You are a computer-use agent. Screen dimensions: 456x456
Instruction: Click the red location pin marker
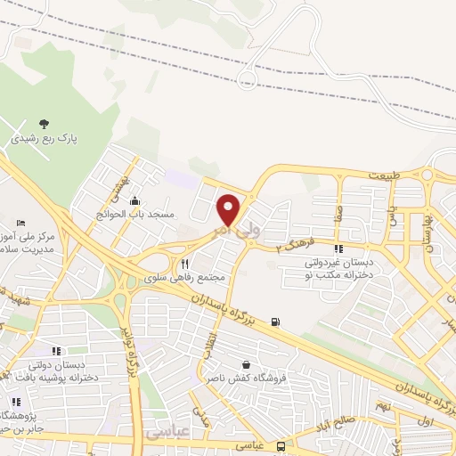pyautogui.click(x=229, y=209)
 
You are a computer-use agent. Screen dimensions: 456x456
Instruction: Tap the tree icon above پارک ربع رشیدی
pyautogui.click(x=45, y=125)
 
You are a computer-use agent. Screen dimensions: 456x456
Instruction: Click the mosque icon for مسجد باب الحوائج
pyautogui.click(x=134, y=200)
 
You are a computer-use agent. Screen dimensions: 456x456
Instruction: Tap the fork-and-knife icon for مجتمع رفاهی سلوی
pyautogui.click(x=185, y=263)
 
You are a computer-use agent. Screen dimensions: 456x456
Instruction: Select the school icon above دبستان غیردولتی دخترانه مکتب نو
pyautogui.click(x=338, y=249)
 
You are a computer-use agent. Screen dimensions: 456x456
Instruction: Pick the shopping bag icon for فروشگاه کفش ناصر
pyautogui.click(x=246, y=364)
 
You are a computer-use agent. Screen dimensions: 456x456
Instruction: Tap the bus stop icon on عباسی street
pyautogui.click(x=281, y=445)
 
